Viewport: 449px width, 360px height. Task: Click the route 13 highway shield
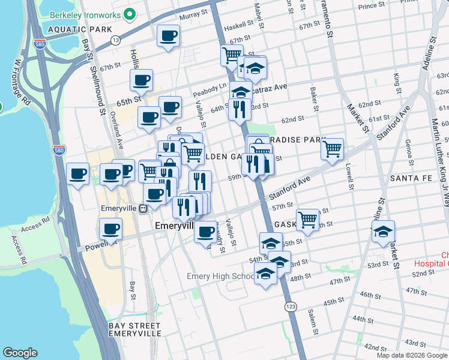115,40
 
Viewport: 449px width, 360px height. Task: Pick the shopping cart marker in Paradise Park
332,148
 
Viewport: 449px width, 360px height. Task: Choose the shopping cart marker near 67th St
231,56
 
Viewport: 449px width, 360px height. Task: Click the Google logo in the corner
20,352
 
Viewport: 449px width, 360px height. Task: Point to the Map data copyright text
412,355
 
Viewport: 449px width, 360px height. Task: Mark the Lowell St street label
348,173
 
